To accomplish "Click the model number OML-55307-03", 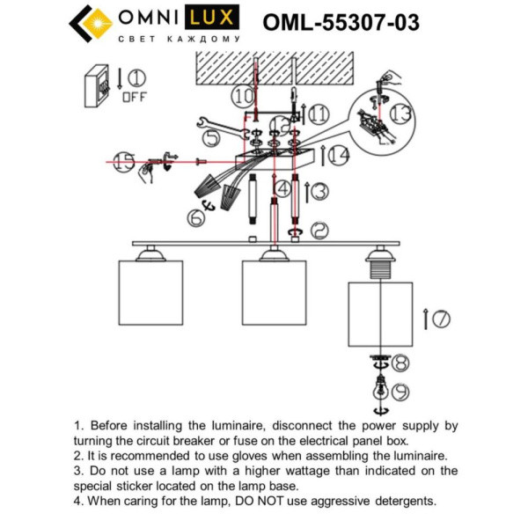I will [341, 22].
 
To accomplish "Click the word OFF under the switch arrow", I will [135, 97].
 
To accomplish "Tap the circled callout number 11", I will [318, 114].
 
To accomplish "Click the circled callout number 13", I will [400, 114].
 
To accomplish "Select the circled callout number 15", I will [125, 161].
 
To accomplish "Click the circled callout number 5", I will [212, 138].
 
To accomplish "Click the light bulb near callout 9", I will [380, 388].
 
